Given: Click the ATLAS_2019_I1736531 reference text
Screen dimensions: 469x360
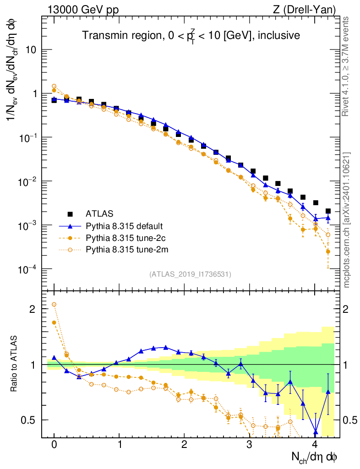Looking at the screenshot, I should coord(190,274).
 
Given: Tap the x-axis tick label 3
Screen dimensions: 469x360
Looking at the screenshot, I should coord(250,445).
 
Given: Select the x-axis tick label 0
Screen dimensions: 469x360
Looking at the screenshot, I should coord(54,445).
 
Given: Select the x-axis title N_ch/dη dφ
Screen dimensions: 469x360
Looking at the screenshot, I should coord(315,457).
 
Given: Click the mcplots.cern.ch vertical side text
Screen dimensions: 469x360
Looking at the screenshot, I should coord(347,220).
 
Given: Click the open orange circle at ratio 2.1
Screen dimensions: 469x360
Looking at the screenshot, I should coord(54,304).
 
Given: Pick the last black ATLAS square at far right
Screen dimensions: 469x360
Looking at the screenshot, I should coord(328,211).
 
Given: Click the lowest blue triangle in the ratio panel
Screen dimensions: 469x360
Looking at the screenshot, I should coord(316,431).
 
